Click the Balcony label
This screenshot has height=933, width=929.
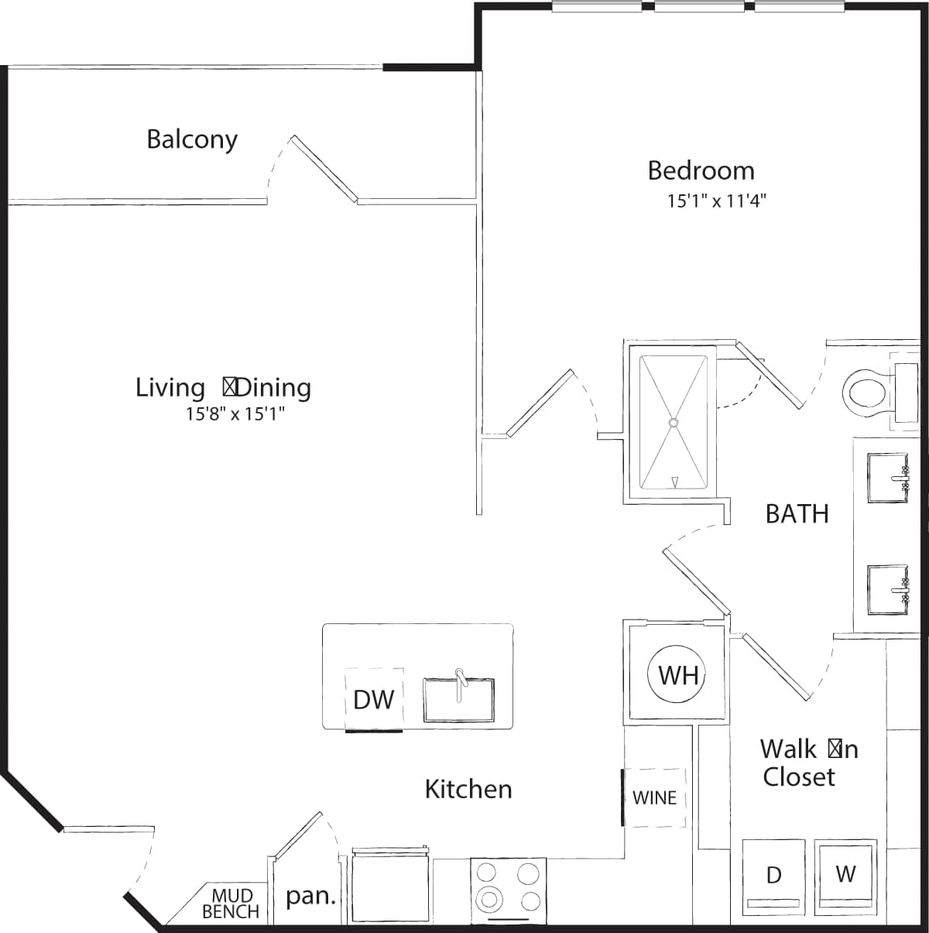192,139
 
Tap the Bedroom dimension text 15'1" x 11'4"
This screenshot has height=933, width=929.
716,201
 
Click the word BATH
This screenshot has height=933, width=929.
797,513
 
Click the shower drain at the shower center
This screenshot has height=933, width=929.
674,423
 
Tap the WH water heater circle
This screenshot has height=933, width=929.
678,675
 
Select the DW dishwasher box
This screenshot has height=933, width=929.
374,699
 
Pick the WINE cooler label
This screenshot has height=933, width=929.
654,798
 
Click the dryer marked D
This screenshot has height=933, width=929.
773,875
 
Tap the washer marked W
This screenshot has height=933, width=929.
846,873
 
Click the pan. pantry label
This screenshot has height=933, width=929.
311,897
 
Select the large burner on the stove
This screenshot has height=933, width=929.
490,900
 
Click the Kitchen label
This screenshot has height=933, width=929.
468,789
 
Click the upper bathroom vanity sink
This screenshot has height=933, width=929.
887,479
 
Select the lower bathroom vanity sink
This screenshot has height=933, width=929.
887,590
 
